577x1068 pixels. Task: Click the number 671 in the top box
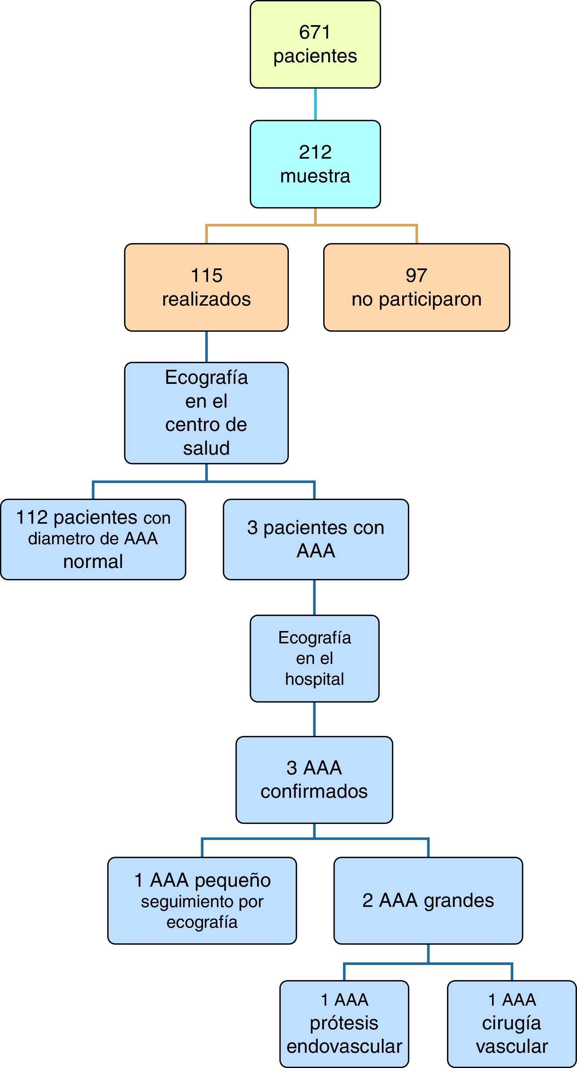tap(315, 32)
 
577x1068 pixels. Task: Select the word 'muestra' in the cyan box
tap(315, 176)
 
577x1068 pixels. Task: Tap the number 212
tap(315, 152)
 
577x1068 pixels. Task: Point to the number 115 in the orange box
tap(206, 275)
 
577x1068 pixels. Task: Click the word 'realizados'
tap(206, 299)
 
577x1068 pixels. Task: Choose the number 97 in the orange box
tap(416, 275)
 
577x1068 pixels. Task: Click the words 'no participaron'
tap(417, 299)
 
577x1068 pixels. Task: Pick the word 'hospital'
tap(315, 679)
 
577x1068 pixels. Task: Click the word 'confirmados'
tap(314, 791)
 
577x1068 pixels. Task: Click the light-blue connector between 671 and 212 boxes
tap(315, 104)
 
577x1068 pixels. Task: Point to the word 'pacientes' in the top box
tap(315, 56)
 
